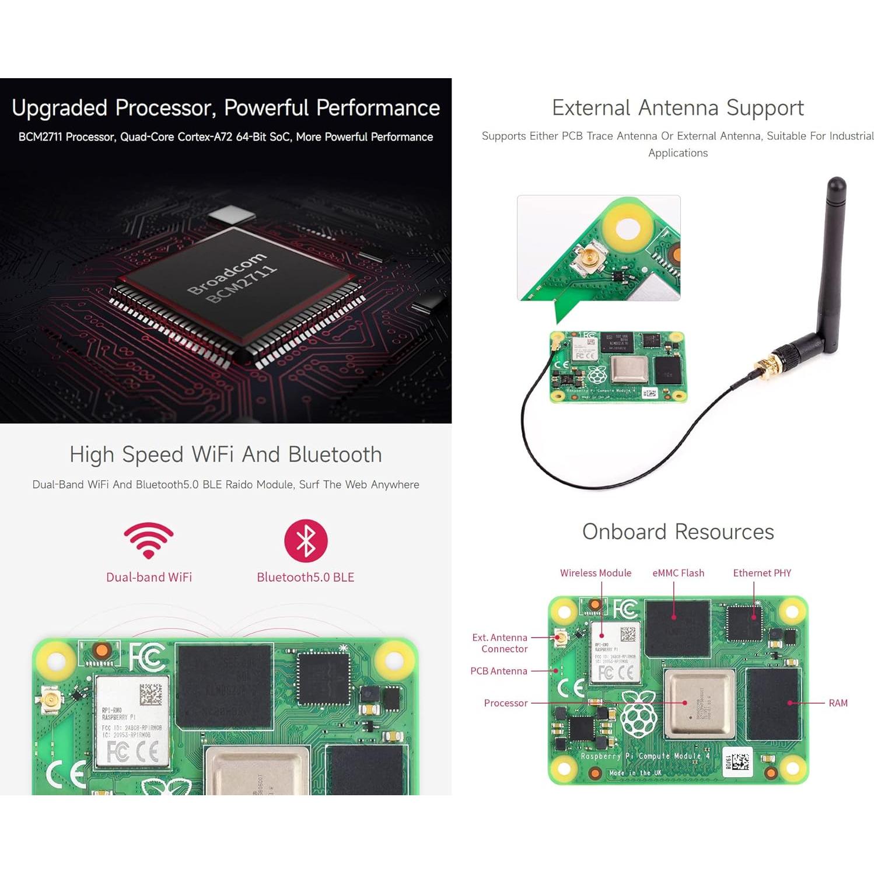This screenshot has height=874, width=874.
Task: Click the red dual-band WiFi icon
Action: [x=148, y=540]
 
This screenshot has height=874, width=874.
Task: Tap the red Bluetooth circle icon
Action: [x=306, y=540]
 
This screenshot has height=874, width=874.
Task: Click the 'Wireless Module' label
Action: [x=595, y=573]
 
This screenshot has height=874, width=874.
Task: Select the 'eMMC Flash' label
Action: [x=677, y=573]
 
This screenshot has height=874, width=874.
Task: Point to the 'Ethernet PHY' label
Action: [x=761, y=573]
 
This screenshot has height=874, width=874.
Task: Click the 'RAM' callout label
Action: [x=837, y=703]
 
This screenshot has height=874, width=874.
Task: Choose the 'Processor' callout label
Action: [x=505, y=703]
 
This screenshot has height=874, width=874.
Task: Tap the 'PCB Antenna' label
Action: [x=498, y=671]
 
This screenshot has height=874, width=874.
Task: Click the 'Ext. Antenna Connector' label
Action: [x=500, y=643]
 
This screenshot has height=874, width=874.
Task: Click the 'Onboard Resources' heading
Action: [x=677, y=532]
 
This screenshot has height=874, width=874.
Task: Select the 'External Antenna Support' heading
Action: [x=677, y=108]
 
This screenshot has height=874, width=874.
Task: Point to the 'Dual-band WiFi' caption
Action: [x=149, y=577]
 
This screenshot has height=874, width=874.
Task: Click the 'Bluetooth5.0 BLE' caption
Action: [x=305, y=577]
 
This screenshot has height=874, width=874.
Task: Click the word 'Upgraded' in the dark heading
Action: [x=60, y=108]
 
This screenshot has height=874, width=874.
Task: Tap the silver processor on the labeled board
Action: [x=698, y=703]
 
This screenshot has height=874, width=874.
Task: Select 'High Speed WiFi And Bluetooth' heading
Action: [x=225, y=455]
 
